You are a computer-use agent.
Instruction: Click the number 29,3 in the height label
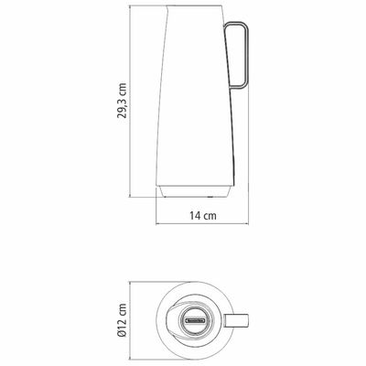[x=122, y=106]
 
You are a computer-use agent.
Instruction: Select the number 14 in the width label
[x=196, y=216]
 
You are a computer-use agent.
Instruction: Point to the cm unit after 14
[x=210, y=216]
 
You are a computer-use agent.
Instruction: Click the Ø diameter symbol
[x=122, y=333]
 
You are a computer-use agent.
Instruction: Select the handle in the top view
[x=237, y=320]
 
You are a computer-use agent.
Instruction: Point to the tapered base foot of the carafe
[x=193, y=191]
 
